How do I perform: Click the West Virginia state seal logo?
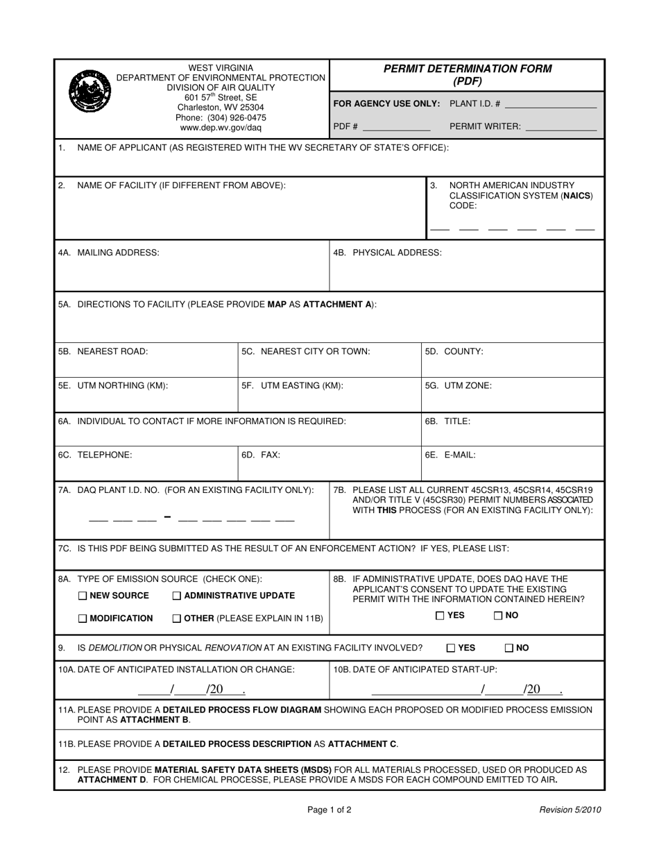click(x=91, y=91)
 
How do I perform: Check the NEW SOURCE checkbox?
click(x=83, y=596)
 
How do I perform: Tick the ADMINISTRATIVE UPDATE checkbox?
click(x=176, y=596)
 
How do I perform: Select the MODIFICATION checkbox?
click(x=83, y=619)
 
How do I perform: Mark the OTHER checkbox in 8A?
click(x=176, y=619)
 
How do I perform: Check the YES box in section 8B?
click(x=440, y=615)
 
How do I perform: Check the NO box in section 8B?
click(x=498, y=615)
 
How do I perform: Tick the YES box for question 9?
click(x=451, y=648)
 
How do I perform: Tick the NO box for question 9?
click(x=509, y=648)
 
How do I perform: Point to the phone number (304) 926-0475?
click(x=221, y=117)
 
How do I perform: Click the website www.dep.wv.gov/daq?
click(x=221, y=128)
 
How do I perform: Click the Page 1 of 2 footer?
click(x=329, y=810)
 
